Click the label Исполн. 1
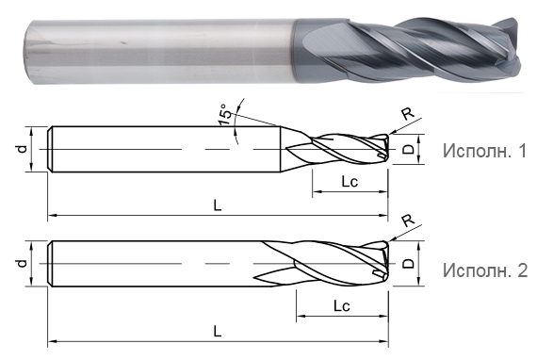pyautogui.click(x=484, y=151)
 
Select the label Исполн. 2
pyautogui.click(x=485, y=270)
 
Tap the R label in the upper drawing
pyautogui.click(x=408, y=114)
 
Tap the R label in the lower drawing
pyautogui.click(x=408, y=221)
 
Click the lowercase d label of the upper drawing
pyautogui.click(x=22, y=149)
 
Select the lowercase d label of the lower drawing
pyautogui.click(x=22, y=263)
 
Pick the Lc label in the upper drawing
pyautogui.click(x=350, y=182)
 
